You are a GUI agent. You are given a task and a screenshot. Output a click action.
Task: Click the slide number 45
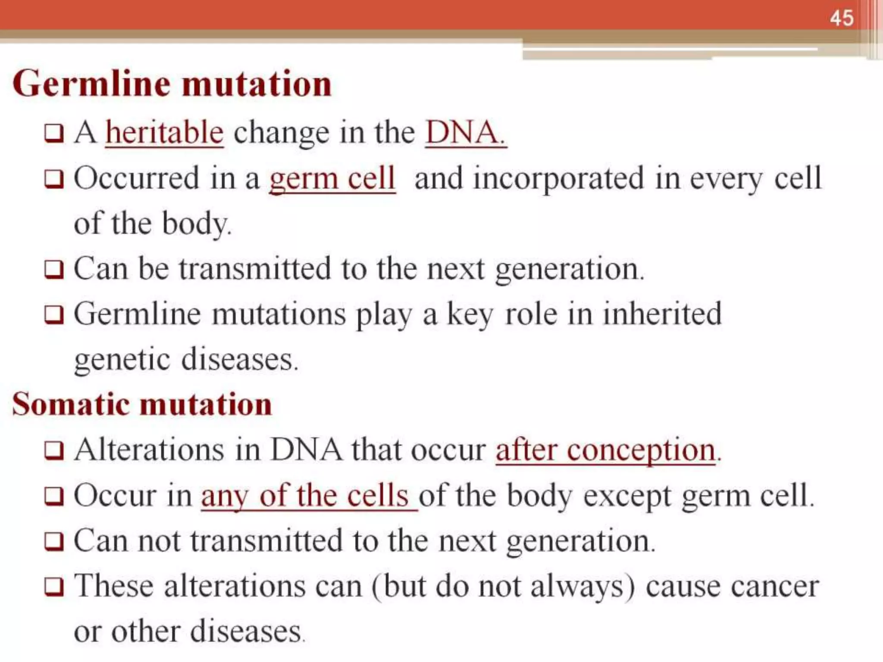(841, 19)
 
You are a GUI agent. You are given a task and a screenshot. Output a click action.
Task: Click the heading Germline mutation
(172, 84)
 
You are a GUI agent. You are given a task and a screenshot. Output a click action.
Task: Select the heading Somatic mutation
(142, 404)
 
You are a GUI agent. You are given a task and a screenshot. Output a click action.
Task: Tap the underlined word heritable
(164, 132)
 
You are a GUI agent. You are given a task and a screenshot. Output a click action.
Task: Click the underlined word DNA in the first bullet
(465, 132)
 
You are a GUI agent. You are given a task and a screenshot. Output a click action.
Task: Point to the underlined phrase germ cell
(332, 178)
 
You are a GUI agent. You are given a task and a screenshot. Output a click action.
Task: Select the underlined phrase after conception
(606, 450)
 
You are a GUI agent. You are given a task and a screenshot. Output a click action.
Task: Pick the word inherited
(661, 314)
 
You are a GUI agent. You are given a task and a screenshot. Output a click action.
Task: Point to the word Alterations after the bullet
(149, 450)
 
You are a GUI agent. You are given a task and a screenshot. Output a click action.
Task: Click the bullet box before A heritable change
(54, 134)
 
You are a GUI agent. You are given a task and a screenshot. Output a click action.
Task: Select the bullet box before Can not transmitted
(54, 542)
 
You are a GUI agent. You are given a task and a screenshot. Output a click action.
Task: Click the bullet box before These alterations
(54, 587)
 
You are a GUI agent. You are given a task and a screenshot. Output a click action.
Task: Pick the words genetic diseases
(186, 359)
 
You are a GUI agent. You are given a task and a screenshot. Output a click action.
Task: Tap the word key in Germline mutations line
(469, 314)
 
